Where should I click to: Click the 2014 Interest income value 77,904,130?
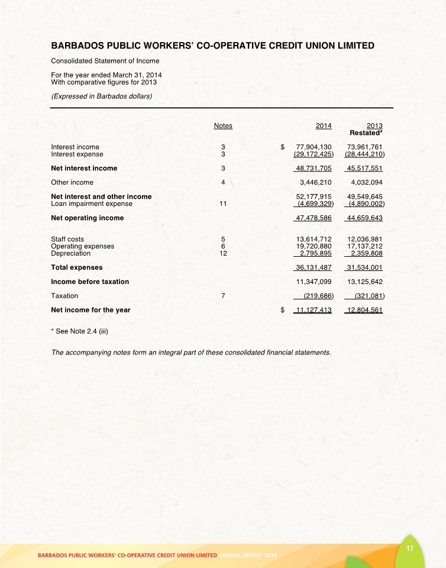tap(313, 147)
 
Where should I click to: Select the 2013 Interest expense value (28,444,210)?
tap(364, 154)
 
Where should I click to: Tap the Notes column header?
tap(222, 125)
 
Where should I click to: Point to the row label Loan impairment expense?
tap(92, 204)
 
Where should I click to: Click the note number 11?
tap(222, 204)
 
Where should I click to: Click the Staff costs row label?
tap(67, 239)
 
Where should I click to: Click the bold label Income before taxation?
tap(90, 282)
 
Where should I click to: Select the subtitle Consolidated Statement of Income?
tap(105, 60)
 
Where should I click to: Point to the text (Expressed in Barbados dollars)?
tap(102, 96)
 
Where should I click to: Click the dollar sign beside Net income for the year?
tap(283, 310)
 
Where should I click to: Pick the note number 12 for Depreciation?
tap(222, 253)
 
